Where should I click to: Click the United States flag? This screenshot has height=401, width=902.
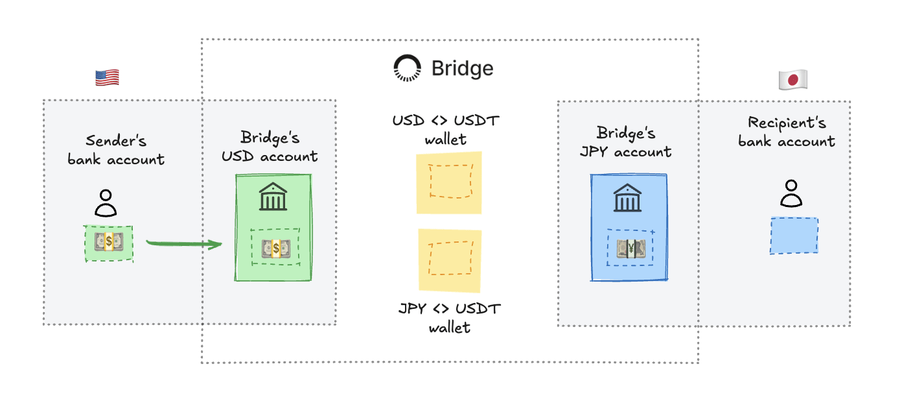(107, 78)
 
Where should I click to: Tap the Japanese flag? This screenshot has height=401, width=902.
(792, 80)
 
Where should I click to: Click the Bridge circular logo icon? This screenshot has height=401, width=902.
(408, 68)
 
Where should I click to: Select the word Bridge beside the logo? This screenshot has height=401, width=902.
(462, 68)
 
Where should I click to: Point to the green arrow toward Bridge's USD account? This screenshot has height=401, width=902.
(184, 244)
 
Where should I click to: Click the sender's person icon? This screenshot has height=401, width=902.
(106, 202)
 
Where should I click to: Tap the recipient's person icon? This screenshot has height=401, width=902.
(791, 193)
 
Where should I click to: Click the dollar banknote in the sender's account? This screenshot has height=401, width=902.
(108, 243)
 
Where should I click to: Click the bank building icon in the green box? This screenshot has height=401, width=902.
(273, 197)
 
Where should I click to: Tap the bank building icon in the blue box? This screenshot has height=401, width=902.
(628, 198)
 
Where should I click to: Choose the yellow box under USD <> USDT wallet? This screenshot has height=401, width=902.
(449, 182)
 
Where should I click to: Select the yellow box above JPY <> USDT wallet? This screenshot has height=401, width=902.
(450, 259)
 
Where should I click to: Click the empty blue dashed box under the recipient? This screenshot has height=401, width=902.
(794, 235)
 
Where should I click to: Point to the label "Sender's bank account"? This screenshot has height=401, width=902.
(116, 150)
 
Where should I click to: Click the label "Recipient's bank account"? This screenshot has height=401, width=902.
(787, 132)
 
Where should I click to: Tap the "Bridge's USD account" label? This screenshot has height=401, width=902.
(270, 147)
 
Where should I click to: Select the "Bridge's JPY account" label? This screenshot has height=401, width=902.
(625, 143)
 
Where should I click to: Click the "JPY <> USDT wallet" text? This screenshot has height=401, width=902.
(449, 318)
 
